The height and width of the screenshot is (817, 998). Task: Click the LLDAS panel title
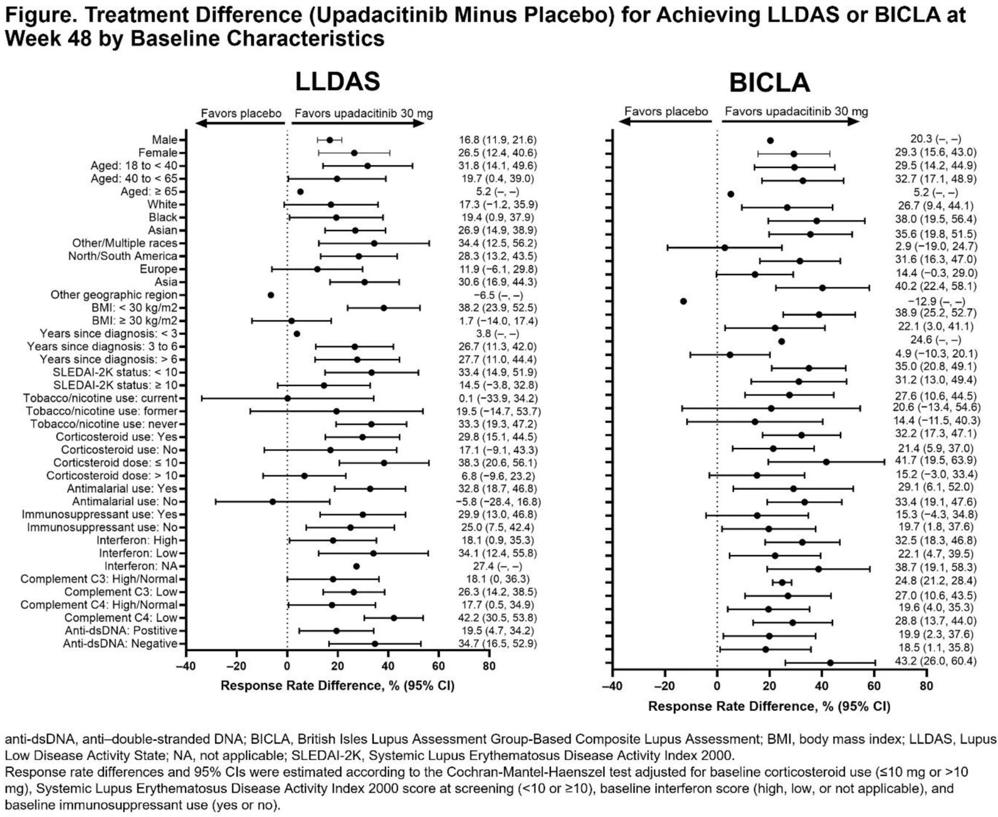pos(338,82)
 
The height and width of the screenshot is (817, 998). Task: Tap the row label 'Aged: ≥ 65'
pos(149,192)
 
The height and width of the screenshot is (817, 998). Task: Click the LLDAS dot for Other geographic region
pos(271,295)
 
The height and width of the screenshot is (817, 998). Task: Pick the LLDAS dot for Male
pos(330,140)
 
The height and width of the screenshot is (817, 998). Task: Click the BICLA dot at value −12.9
pos(683,301)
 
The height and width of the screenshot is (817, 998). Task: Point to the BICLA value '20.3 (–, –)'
pos(935,140)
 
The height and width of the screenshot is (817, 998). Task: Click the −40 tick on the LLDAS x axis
pos(186,666)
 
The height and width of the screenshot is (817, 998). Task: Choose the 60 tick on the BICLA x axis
pos(874,685)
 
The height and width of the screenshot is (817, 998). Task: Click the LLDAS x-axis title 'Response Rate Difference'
pos(337,685)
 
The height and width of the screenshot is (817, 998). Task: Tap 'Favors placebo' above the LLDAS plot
pos(241,113)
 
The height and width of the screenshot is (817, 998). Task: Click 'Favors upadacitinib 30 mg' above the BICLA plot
pos(796,112)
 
